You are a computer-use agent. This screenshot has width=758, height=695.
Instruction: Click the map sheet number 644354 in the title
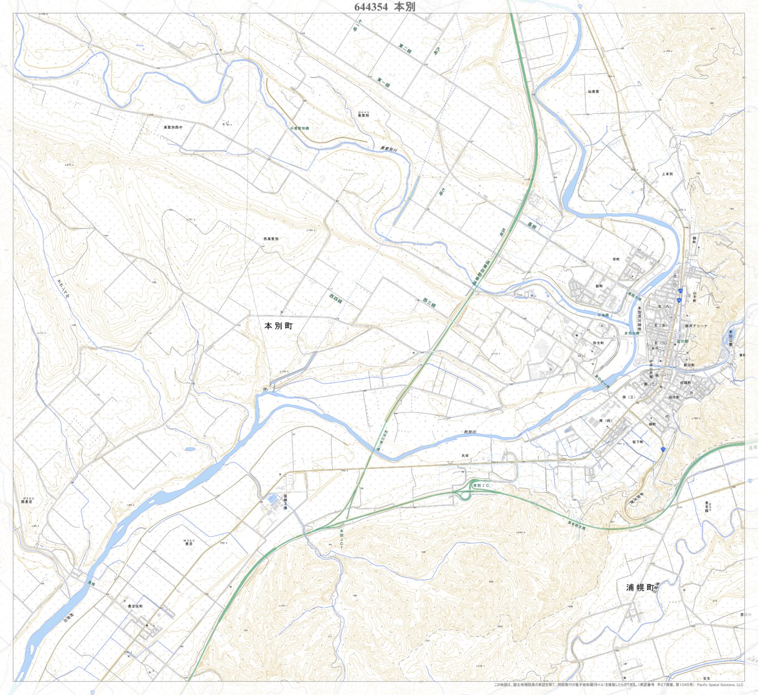(x=371, y=7)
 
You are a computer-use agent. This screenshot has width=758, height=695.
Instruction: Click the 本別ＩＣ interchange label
(x=482, y=485)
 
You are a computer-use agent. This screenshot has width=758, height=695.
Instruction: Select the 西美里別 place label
(x=271, y=239)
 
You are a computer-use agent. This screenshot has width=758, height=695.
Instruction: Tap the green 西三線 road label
(x=429, y=302)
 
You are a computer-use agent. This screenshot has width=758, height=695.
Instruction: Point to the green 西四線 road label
(x=336, y=299)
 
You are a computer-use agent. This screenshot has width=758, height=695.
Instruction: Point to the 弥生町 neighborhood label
(x=599, y=343)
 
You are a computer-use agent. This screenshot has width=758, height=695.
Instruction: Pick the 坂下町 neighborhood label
(x=638, y=442)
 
